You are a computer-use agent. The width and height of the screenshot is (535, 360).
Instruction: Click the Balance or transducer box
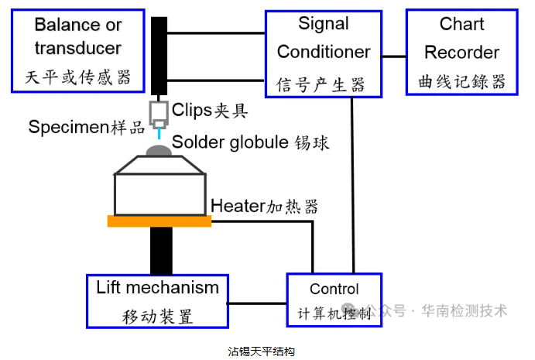(x=77, y=51)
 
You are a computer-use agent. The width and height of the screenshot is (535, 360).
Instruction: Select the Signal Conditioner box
(x=323, y=53)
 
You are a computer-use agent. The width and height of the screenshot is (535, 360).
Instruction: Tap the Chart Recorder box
(x=461, y=53)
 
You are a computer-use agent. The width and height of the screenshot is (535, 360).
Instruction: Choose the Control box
(x=334, y=300)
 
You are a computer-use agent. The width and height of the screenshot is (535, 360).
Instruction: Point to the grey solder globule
(x=159, y=149)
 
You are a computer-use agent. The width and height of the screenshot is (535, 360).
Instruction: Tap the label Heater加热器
(x=264, y=207)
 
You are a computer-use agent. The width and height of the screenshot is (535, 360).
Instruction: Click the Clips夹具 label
(x=210, y=110)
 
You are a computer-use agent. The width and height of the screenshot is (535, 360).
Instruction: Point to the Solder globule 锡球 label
(x=251, y=142)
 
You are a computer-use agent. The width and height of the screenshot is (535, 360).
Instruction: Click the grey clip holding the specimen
(x=159, y=111)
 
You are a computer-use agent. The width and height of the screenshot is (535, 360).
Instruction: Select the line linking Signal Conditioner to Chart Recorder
(x=394, y=56)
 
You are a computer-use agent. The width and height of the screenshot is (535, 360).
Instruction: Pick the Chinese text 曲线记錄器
(x=461, y=81)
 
